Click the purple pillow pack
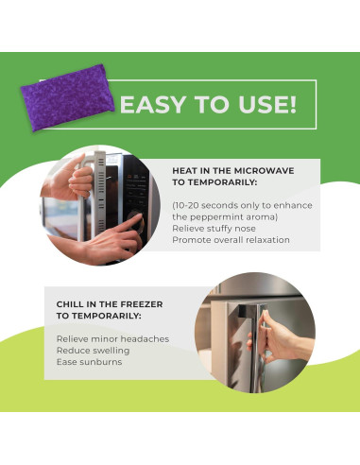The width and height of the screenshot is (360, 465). coord(68,97)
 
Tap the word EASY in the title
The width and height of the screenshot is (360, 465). coord(153,105)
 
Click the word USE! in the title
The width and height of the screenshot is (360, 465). coord(267,105)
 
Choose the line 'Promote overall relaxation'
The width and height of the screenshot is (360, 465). coord(231,240)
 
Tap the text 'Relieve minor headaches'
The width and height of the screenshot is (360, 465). coord(112,339)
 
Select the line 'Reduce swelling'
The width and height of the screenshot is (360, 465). coord(93,351)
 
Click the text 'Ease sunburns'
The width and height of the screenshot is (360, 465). coord(89,362)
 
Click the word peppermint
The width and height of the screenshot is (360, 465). coord(214,217)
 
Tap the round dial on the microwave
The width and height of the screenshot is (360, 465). coord(136,220)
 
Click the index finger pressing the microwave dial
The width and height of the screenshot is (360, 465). coord(128,224)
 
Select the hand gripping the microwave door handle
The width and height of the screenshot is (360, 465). coord(70,179)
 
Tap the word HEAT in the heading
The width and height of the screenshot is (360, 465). coord(183,171)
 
